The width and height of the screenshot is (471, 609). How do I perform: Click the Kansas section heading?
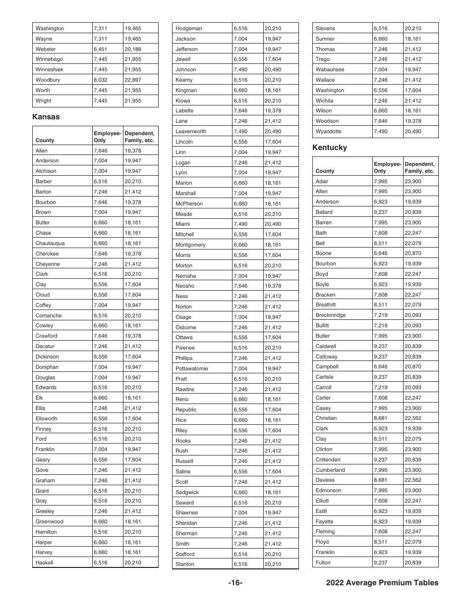coord(46,117)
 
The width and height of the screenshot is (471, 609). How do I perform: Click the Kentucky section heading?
coord(330,148)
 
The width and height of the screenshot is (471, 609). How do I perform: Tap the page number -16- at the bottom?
coord(235,583)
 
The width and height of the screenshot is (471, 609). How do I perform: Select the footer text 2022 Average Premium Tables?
coord(382,583)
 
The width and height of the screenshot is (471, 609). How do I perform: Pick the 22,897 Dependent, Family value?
coord(133,80)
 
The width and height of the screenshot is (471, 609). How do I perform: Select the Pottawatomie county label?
coord(191,368)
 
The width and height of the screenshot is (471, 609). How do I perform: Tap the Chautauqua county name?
coord(50,243)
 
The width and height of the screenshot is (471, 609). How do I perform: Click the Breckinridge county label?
coord(331,315)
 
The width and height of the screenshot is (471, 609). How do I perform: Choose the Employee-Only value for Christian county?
coord(380,418)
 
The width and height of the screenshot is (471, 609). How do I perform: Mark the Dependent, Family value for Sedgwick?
coord(273,492)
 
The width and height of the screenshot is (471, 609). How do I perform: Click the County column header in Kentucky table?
coord(325,171)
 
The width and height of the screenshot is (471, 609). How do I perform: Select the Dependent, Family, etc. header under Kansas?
coord(139,137)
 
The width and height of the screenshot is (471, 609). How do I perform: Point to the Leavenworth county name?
coord(190,131)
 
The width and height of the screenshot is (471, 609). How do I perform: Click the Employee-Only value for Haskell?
coord(100,562)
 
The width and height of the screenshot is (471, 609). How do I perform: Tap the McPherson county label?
coord(189,203)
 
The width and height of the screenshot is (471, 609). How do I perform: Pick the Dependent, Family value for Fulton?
coord(412,562)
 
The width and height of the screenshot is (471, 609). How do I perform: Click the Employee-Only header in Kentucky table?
coord(387,167)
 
